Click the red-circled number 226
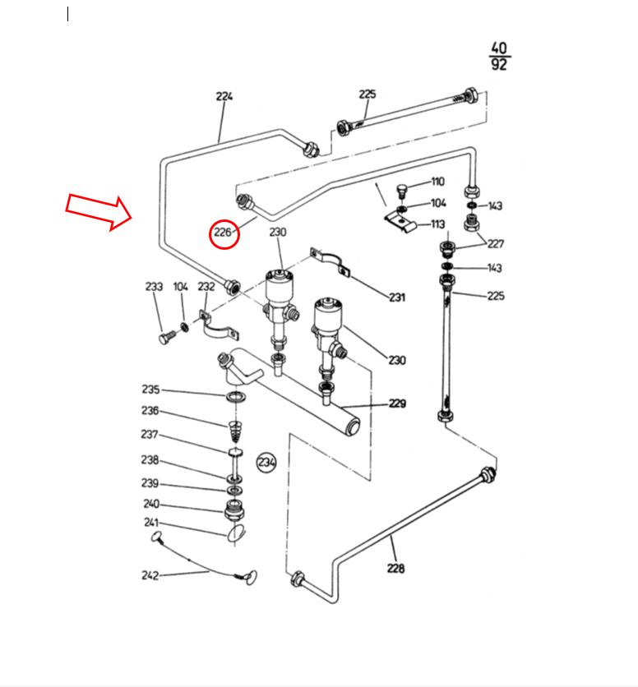[224, 233]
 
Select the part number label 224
[224, 96]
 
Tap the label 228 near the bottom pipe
[395, 567]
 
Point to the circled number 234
[266, 463]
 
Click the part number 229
[397, 403]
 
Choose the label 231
[397, 297]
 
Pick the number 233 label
[154, 287]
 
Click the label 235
[150, 390]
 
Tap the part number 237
[149, 435]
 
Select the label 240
[151, 505]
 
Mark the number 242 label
[150, 575]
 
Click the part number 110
[437, 182]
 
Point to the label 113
[437, 224]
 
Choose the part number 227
[495, 243]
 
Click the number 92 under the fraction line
[498, 65]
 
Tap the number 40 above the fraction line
[498, 48]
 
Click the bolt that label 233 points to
[164, 337]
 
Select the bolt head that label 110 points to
[401, 190]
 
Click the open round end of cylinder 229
[352, 426]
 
